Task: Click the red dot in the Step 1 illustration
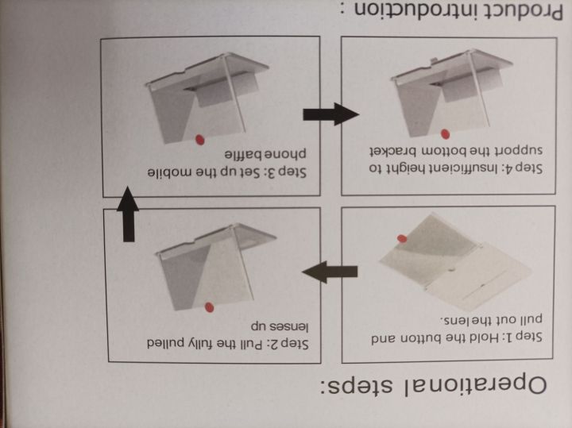(x=402, y=238)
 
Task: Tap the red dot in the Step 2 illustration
(x=209, y=307)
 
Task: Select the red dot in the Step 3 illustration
(x=200, y=140)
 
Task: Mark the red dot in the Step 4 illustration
(x=445, y=134)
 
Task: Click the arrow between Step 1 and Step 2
(x=330, y=272)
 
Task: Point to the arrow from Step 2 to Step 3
(x=128, y=214)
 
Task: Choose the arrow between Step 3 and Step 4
(x=330, y=114)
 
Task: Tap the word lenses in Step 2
(x=291, y=326)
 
